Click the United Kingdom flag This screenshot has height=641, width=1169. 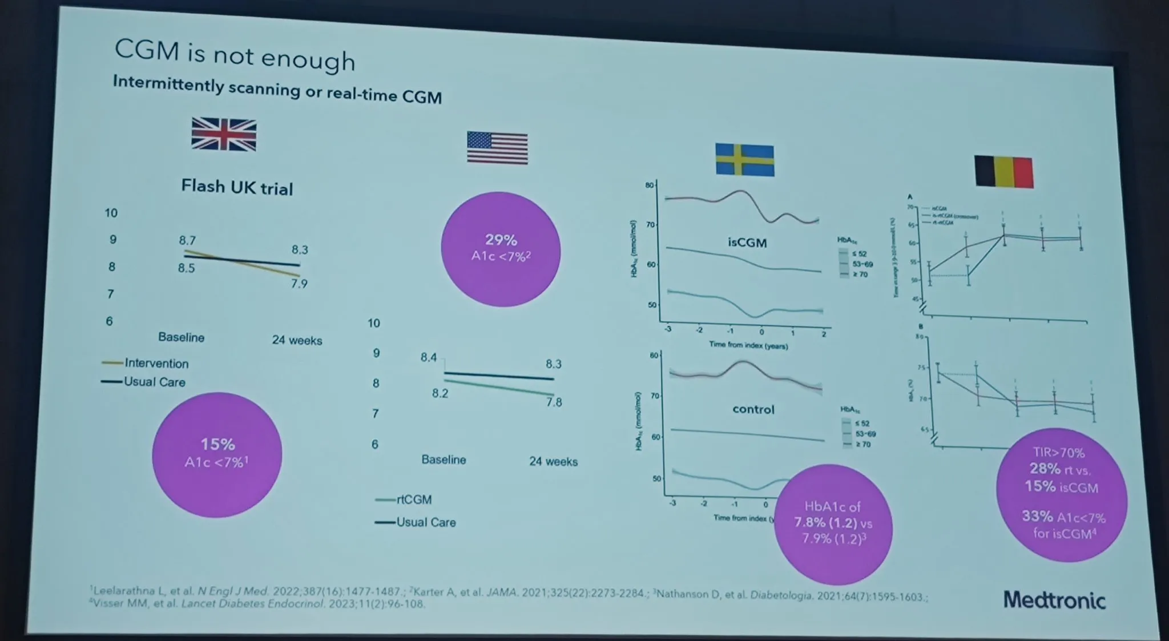[224, 135]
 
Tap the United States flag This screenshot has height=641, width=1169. [497, 148]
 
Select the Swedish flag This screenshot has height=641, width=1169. [745, 160]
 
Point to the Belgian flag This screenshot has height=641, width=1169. [1004, 172]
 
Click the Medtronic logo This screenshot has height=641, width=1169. [1054, 600]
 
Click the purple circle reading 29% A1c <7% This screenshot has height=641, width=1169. [501, 249]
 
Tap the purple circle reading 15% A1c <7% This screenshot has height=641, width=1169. [217, 454]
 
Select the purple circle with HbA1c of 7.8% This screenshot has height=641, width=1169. [833, 524]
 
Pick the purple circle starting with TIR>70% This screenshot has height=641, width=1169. [1062, 494]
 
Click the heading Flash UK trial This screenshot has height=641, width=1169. [237, 187]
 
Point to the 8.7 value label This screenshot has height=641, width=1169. [187, 240]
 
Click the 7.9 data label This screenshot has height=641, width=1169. [299, 284]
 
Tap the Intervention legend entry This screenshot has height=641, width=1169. [156, 363]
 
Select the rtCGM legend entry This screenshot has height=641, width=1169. [414, 499]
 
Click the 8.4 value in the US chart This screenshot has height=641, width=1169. [429, 357]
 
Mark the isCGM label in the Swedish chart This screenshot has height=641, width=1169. [747, 243]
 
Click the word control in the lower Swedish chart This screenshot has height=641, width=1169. [753, 409]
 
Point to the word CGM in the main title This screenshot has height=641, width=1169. [147, 50]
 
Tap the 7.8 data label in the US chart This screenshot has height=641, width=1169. [554, 402]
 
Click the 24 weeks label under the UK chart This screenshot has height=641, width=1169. [297, 340]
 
